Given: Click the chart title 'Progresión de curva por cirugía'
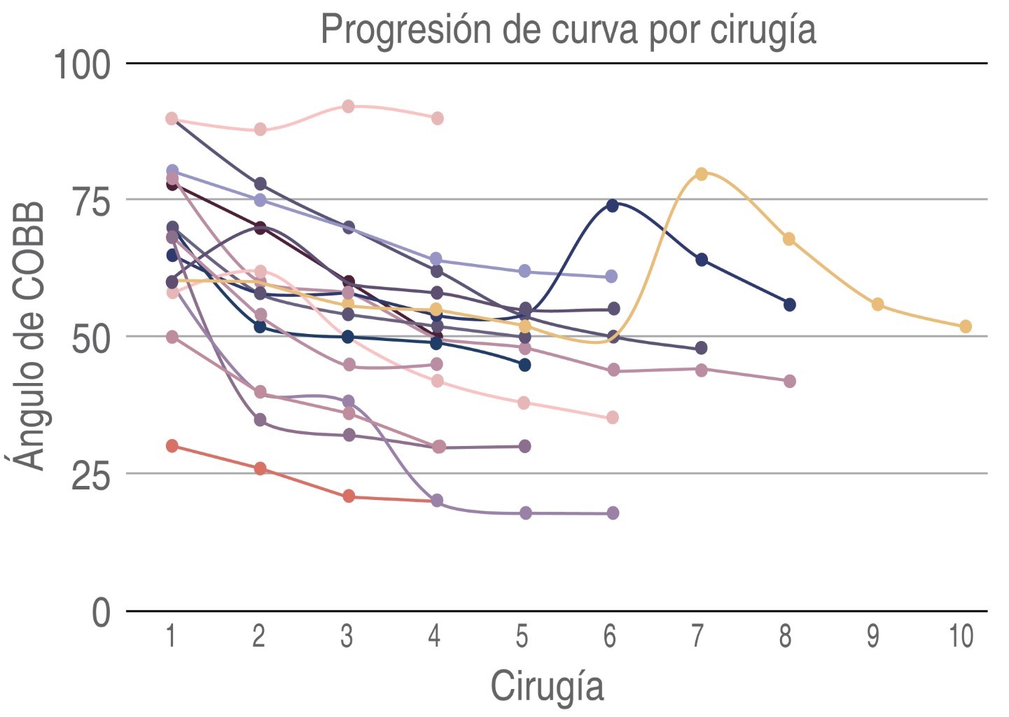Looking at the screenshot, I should click(x=568, y=29).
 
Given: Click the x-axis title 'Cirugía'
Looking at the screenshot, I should click(x=547, y=685).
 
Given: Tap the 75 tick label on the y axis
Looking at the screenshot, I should click(x=91, y=202).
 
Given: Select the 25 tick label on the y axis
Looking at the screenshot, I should click(x=91, y=475).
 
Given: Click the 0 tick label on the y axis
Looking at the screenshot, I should click(x=102, y=613).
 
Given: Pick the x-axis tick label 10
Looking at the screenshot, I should click(x=961, y=636).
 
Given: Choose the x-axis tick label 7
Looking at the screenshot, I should click(x=697, y=636).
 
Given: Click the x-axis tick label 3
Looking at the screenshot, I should click(x=347, y=636).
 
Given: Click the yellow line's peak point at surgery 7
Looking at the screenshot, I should click(x=701, y=174).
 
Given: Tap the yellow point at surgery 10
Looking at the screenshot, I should click(x=966, y=326).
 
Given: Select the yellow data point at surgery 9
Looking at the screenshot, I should click(x=877, y=305).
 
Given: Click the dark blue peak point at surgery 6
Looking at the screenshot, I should click(x=613, y=205).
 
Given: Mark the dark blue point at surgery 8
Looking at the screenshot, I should click(x=789, y=305).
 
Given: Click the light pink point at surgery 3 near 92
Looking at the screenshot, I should click(x=348, y=106).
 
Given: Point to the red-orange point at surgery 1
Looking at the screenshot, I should click(x=172, y=446).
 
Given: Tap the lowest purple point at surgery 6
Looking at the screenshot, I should click(x=613, y=513).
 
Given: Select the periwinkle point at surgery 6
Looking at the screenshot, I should click(x=611, y=277).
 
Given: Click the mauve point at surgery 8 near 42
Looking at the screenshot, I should click(x=789, y=382).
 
